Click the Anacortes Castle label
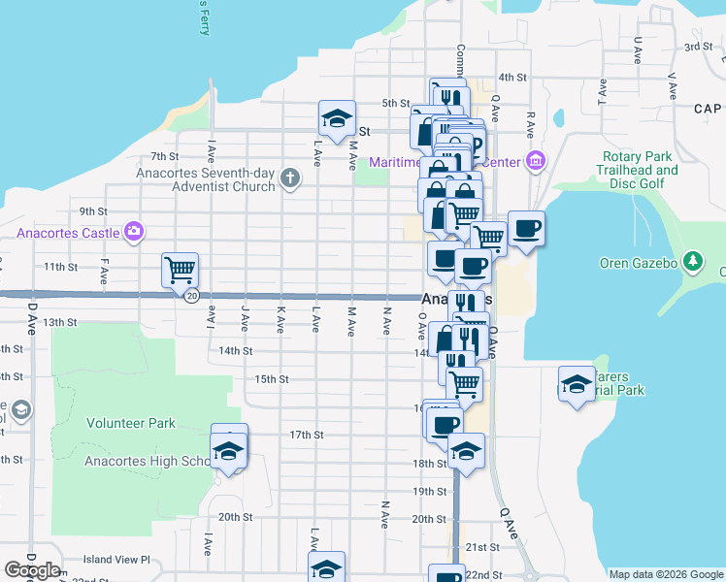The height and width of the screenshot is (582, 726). coord(67,233)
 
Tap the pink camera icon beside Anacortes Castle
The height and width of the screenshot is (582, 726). coord(134,232)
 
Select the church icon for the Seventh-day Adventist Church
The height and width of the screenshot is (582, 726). coord(289,178)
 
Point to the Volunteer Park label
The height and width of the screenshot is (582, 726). coord(131,423)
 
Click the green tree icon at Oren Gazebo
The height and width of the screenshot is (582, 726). coord(692,260)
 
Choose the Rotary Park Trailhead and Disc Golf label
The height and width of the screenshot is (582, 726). coord(637,170)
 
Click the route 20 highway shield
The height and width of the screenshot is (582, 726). coord(192,296)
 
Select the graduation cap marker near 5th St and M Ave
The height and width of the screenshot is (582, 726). coord(337,119)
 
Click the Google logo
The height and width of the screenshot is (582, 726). coord(32,570)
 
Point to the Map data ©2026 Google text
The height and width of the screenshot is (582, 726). coord(665,574)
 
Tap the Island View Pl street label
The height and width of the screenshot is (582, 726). coord(117,560)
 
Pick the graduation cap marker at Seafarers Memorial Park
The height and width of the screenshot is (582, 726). coord(577,384)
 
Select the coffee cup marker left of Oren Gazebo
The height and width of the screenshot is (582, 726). coord(526,229)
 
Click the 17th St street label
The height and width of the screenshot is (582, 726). coord(306,435)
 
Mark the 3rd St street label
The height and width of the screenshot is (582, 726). coord(698,47)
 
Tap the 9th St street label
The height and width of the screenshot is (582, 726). coord(92,211)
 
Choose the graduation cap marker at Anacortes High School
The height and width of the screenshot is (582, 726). coord(230,451)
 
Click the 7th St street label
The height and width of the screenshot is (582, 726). coord(165,156)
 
